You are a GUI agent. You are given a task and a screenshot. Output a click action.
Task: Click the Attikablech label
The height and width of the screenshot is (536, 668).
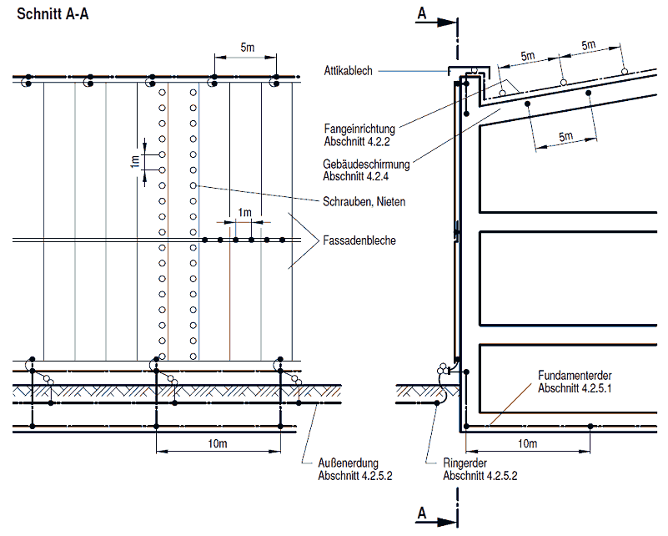349,72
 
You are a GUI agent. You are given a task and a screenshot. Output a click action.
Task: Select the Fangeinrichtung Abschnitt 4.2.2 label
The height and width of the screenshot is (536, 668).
359,134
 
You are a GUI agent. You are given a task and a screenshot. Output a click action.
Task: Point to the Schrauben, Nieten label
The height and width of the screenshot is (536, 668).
359,202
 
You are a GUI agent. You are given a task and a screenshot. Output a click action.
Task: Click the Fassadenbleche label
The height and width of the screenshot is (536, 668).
359,241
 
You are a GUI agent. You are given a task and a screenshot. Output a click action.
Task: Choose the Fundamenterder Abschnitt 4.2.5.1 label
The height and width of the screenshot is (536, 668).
575,382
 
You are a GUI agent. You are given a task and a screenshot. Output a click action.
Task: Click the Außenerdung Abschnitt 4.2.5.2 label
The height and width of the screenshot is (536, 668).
354,469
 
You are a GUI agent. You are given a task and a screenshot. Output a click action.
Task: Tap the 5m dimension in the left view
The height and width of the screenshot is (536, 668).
248,48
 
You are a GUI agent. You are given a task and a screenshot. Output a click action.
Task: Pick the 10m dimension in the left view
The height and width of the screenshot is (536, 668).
217,443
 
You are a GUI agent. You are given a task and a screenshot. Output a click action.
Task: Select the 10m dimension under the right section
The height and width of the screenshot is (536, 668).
527,443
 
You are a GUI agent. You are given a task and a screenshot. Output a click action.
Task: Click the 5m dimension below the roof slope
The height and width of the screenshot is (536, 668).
566,136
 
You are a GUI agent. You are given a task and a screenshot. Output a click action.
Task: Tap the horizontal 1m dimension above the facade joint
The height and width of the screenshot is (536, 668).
244,213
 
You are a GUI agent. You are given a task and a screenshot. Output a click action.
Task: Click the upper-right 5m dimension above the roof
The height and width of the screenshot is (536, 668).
589,44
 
